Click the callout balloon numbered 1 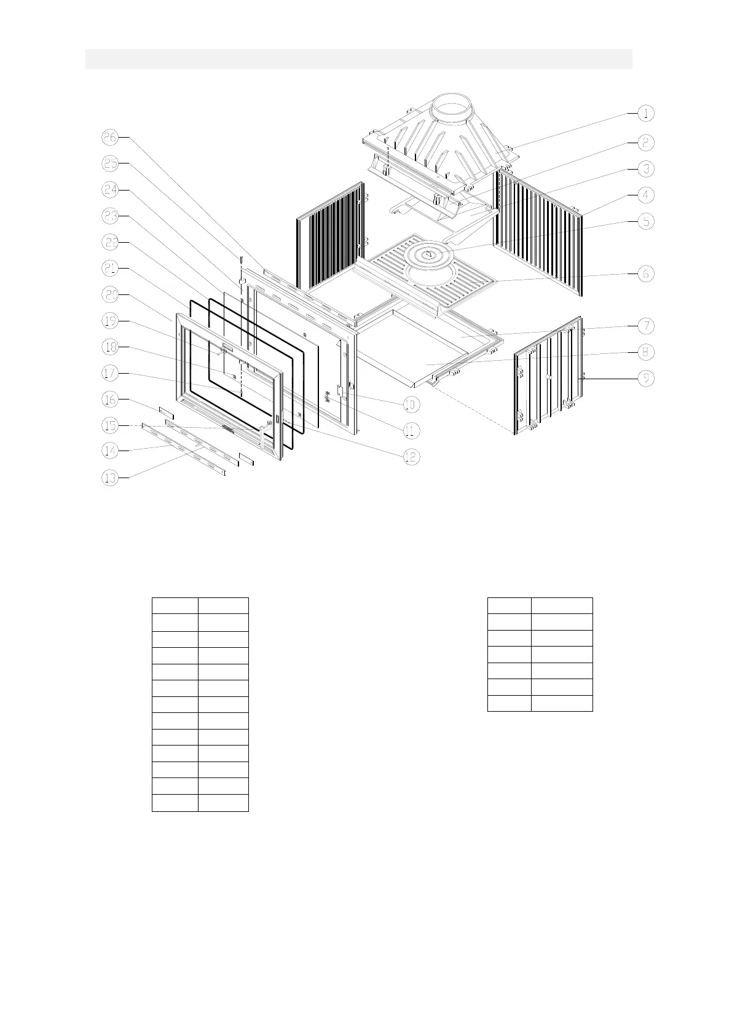(645, 113)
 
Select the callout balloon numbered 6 (645, 274)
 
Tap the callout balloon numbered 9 (645, 379)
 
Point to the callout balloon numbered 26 (110, 138)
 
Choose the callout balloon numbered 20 (110, 295)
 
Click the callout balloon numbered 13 (110, 478)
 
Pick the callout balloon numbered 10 (411, 404)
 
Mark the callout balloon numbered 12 (411, 457)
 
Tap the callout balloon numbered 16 (110, 399)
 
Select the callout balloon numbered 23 (110, 216)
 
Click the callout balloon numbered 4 (645, 195)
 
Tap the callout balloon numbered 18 (110, 347)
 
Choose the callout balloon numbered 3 (645, 168)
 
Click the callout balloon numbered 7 (645, 326)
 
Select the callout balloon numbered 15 (110, 425)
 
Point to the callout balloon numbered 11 (411, 430)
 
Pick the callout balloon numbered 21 (110, 269)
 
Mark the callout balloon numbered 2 (645, 143)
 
